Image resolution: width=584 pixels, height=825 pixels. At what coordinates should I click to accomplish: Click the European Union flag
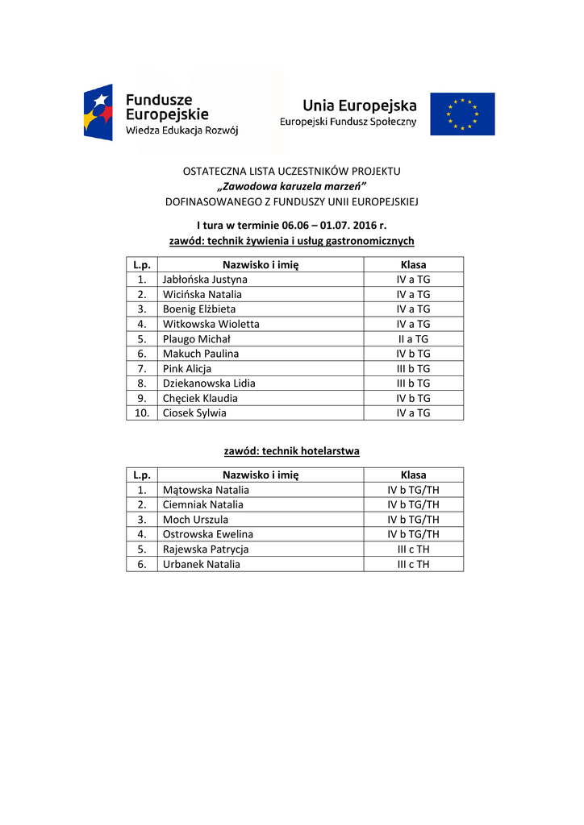[x=462, y=114]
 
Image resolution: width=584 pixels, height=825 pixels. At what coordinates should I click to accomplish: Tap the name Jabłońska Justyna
[x=205, y=280]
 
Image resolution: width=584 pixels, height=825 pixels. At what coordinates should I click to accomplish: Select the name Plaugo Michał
[x=196, y=339]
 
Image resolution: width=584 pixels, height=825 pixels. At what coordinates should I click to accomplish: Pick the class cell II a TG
[x=413, y=339]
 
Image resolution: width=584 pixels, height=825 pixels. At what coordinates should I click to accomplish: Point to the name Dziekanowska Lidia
[x=209, y=383]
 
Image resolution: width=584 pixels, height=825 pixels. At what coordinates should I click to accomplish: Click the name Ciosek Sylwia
[x=194, y=413]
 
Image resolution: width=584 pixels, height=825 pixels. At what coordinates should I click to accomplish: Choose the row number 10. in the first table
[x=141, y=413]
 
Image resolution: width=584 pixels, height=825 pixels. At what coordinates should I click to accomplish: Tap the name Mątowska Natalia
[x=206, y=490]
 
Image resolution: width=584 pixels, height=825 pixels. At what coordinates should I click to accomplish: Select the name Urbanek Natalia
[x=201, y=565]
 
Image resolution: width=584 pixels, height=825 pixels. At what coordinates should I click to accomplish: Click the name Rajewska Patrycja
[x=206, y=549]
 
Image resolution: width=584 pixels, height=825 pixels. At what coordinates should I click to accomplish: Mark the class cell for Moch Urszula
[x=413, y=520]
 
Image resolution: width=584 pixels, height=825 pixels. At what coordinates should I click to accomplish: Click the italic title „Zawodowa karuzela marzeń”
[x=291, y=186]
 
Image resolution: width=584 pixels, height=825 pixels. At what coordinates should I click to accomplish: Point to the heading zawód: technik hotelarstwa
[x=291, y=451]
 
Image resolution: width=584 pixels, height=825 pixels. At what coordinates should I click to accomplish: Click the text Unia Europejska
[x=360, y=106]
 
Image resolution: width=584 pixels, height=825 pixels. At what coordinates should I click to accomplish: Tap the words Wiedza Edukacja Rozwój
[x=181, y=130]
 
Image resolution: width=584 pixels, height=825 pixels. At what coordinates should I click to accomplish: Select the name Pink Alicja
[x=187, y=369]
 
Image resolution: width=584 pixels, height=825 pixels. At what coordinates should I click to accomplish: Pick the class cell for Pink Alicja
[x=413, y=369]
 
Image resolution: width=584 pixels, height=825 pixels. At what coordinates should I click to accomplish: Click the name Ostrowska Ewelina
[x=207, y=534]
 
